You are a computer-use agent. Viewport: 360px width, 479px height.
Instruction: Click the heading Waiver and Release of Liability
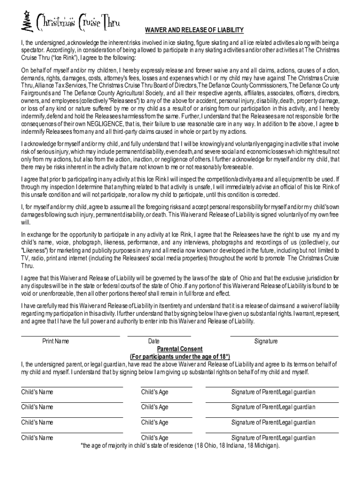pyautogui.click(x=194, y=30)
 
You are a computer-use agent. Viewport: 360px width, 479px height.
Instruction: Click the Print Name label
pyautogui.click(x=56, y=341)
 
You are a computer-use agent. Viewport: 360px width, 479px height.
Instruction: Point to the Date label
pyautogui.click(x=154, y=341)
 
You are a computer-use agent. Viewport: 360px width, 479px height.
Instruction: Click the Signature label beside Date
pyautogui.click(x=266, y=341)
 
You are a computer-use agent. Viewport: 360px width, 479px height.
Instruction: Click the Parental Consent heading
pyautogui.click(x=180, y=349)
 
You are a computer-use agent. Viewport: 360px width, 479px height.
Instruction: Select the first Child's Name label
pyautogui.click(x=37, y=392)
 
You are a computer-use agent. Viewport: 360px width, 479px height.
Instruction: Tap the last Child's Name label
pyautogui.click(x=37, y=438)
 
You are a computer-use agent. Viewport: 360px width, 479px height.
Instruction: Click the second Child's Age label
pyautogui.click(x=155, y=407)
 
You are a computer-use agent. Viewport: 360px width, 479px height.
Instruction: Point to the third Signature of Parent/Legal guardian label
pyautogui.click(x=273, y=422)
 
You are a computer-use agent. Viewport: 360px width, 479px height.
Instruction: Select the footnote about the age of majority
pyautogui.click(x=180, y=445)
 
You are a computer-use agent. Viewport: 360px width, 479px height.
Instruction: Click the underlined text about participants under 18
pyautogui.click(x=180, y=356)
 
